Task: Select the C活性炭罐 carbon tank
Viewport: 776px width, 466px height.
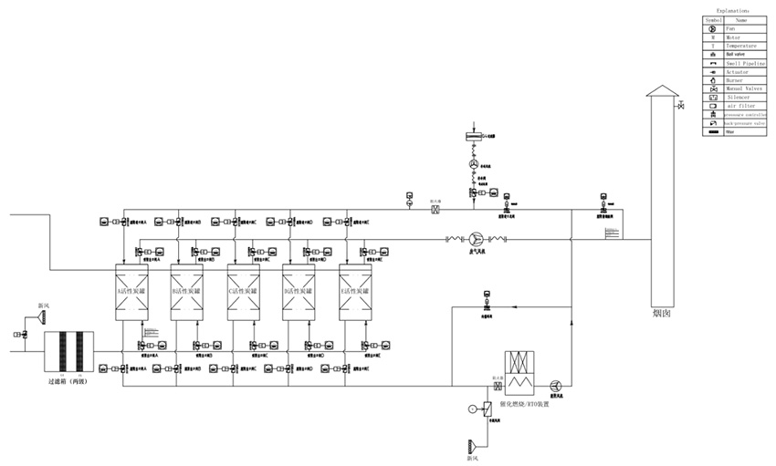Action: click(243, 291)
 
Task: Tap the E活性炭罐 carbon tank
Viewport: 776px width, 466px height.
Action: click(356, 291)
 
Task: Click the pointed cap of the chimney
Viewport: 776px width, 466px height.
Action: click(663, 88)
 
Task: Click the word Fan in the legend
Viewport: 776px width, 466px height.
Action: click(730, 28)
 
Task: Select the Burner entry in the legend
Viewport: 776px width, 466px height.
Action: click(734, 80)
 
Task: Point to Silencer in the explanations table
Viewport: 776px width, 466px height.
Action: click(738, 98)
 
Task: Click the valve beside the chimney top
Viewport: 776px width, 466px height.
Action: click(681, 107)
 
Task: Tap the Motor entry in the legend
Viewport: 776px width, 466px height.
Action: click(732, 37)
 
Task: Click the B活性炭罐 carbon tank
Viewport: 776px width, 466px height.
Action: click(187, 291)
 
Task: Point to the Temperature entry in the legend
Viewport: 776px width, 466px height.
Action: click(740, 46)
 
